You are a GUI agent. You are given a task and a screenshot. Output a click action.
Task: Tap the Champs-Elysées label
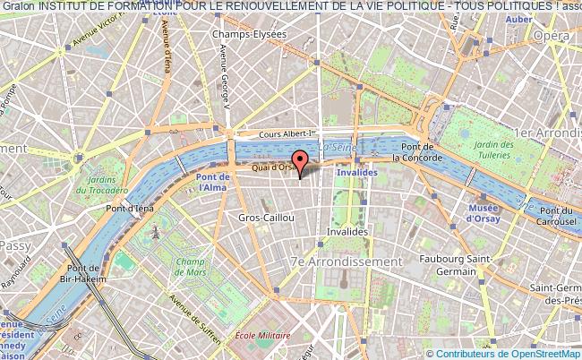[248, 34]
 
